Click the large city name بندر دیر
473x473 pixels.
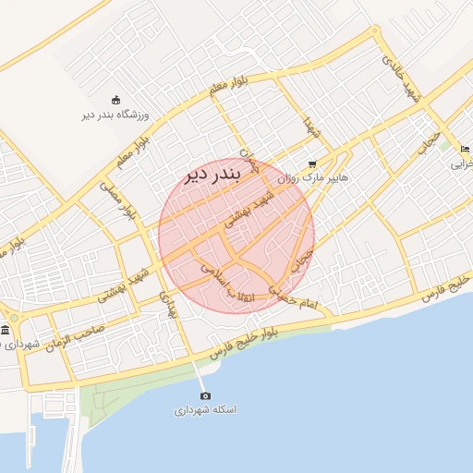(213, 174)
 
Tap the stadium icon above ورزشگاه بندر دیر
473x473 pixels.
(115, 101)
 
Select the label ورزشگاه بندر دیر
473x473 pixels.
(115, 115)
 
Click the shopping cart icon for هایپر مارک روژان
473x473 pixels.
(311, 164)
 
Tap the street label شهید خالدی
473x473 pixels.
(406, 83)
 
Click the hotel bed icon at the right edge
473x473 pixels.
(465, 149)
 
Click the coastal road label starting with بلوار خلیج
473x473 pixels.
(250, 343)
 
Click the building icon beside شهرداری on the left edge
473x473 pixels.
(6, 330)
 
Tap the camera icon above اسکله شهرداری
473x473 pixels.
(205, 395)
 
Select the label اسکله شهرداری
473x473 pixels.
(205, 409)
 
